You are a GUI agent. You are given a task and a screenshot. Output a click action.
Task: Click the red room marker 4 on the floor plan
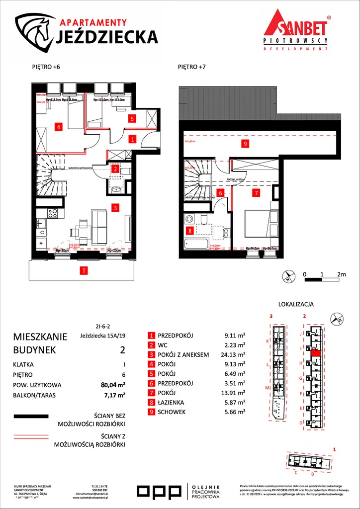[59, 127]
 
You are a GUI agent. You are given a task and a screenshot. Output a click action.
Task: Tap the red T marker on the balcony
[85, 271]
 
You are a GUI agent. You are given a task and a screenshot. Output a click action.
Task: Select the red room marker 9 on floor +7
[245, 144]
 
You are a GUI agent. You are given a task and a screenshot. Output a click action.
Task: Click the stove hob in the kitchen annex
[52, 213]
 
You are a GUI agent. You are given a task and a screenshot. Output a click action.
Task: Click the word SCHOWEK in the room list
[174, 412]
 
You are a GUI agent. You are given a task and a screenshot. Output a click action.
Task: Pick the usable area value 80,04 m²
[112, 385]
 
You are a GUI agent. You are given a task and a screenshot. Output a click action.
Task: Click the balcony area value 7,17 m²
[114, 395]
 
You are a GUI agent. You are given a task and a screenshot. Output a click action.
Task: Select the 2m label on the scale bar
[341, 274]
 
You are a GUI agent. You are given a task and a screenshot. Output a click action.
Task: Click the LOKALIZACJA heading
[296, 305]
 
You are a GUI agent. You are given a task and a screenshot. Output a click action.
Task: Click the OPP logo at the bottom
[159, 492]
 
